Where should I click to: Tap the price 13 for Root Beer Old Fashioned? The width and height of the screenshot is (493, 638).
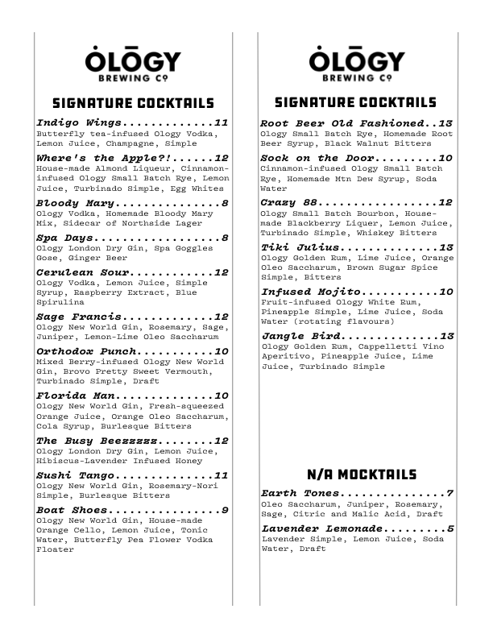[x=445, y=122]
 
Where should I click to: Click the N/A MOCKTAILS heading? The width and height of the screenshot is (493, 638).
[x=350, y=474]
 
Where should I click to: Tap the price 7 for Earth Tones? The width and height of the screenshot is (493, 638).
[x=450, y=493]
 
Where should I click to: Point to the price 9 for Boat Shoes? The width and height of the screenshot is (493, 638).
[x=225, y=510]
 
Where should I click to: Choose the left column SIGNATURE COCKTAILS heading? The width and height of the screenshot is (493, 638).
[x=133, y=104]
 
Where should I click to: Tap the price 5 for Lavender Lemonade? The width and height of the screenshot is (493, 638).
[x=450, y=528]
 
